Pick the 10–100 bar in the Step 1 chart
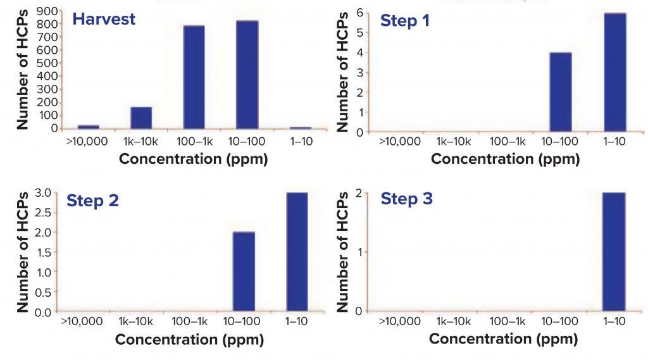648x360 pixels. coord(561,92)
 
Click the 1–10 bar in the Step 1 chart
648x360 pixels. coord(614,73)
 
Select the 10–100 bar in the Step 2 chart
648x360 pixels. coord(244,272)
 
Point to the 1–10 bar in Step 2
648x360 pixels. coord(297,252)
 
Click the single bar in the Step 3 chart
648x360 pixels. coord(613,252)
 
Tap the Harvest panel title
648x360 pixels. coord(104,19)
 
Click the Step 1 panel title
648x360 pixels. coord(405,20)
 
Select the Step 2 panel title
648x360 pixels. coord(93,201)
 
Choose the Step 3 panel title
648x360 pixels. coord(407,199)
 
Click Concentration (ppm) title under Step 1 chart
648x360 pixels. coord(505,159)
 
